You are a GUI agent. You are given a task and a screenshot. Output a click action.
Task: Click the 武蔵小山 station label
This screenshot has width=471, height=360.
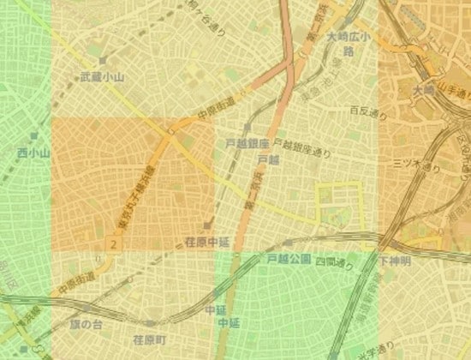tap(102, 77)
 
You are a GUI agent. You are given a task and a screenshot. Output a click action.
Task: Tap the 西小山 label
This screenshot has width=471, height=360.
tap(34, 153)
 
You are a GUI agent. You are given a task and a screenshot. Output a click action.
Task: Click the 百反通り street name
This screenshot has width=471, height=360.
tap(364, 111)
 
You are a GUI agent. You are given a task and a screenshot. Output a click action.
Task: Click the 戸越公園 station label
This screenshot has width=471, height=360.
tap(288, 257)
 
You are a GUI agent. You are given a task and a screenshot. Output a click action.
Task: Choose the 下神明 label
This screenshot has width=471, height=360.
tap(395, 259)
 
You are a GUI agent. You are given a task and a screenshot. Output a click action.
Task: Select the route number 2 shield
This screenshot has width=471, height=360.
tap(112, 245)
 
